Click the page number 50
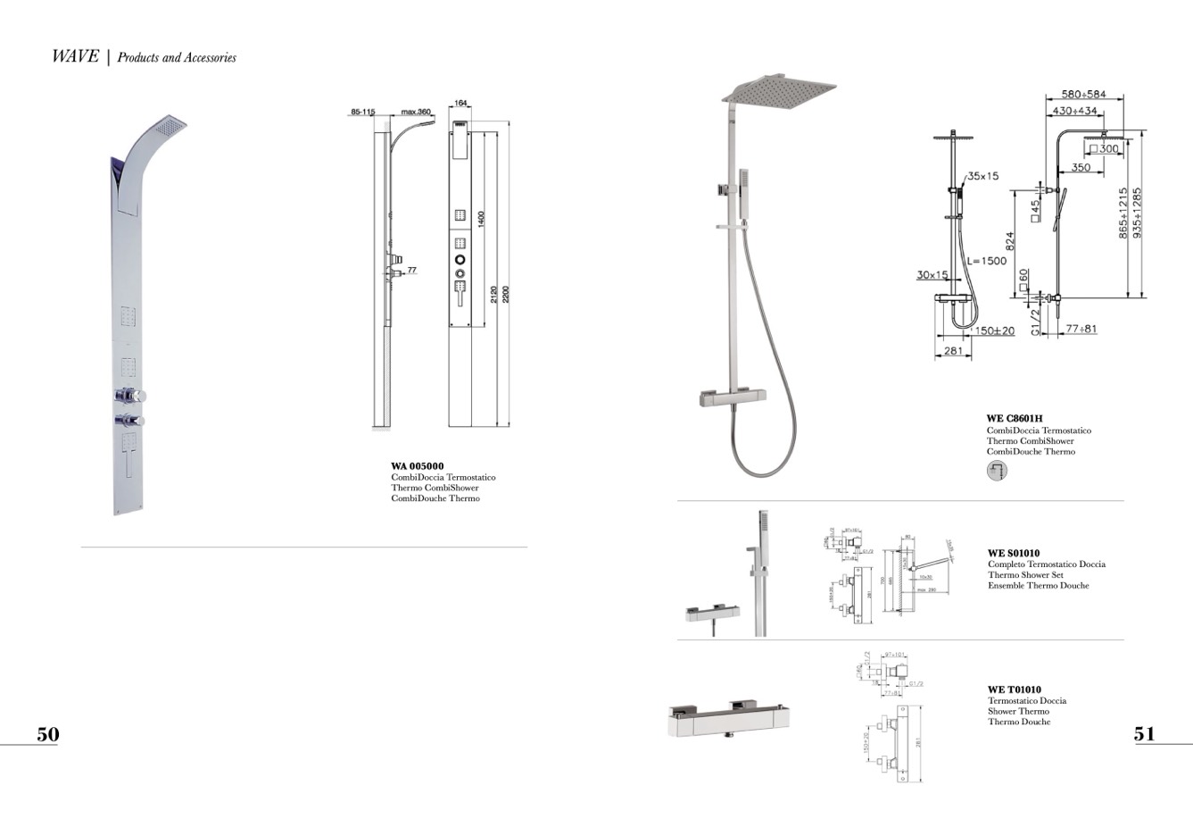click(x=47, y=734)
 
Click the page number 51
click(x=1144, y=734)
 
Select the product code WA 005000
click(x=417, y=466)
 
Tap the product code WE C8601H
click(x=1014, y=419)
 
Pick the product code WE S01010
click(x=1013, y=554)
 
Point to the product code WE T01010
click(x=1014, y=690)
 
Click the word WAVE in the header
click(x=75, y=56)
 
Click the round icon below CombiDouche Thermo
click(x=997, y=470)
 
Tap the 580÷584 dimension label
click(x=1083, y=95)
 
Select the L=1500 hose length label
click(x=986, y=261)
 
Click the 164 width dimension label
click(x=460, y=104)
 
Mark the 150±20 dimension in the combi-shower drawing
click(x=993, y=331)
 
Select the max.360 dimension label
click(x=415, y=113)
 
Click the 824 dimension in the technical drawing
click(x=1010, y=241)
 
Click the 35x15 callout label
click(x=982, y=176)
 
